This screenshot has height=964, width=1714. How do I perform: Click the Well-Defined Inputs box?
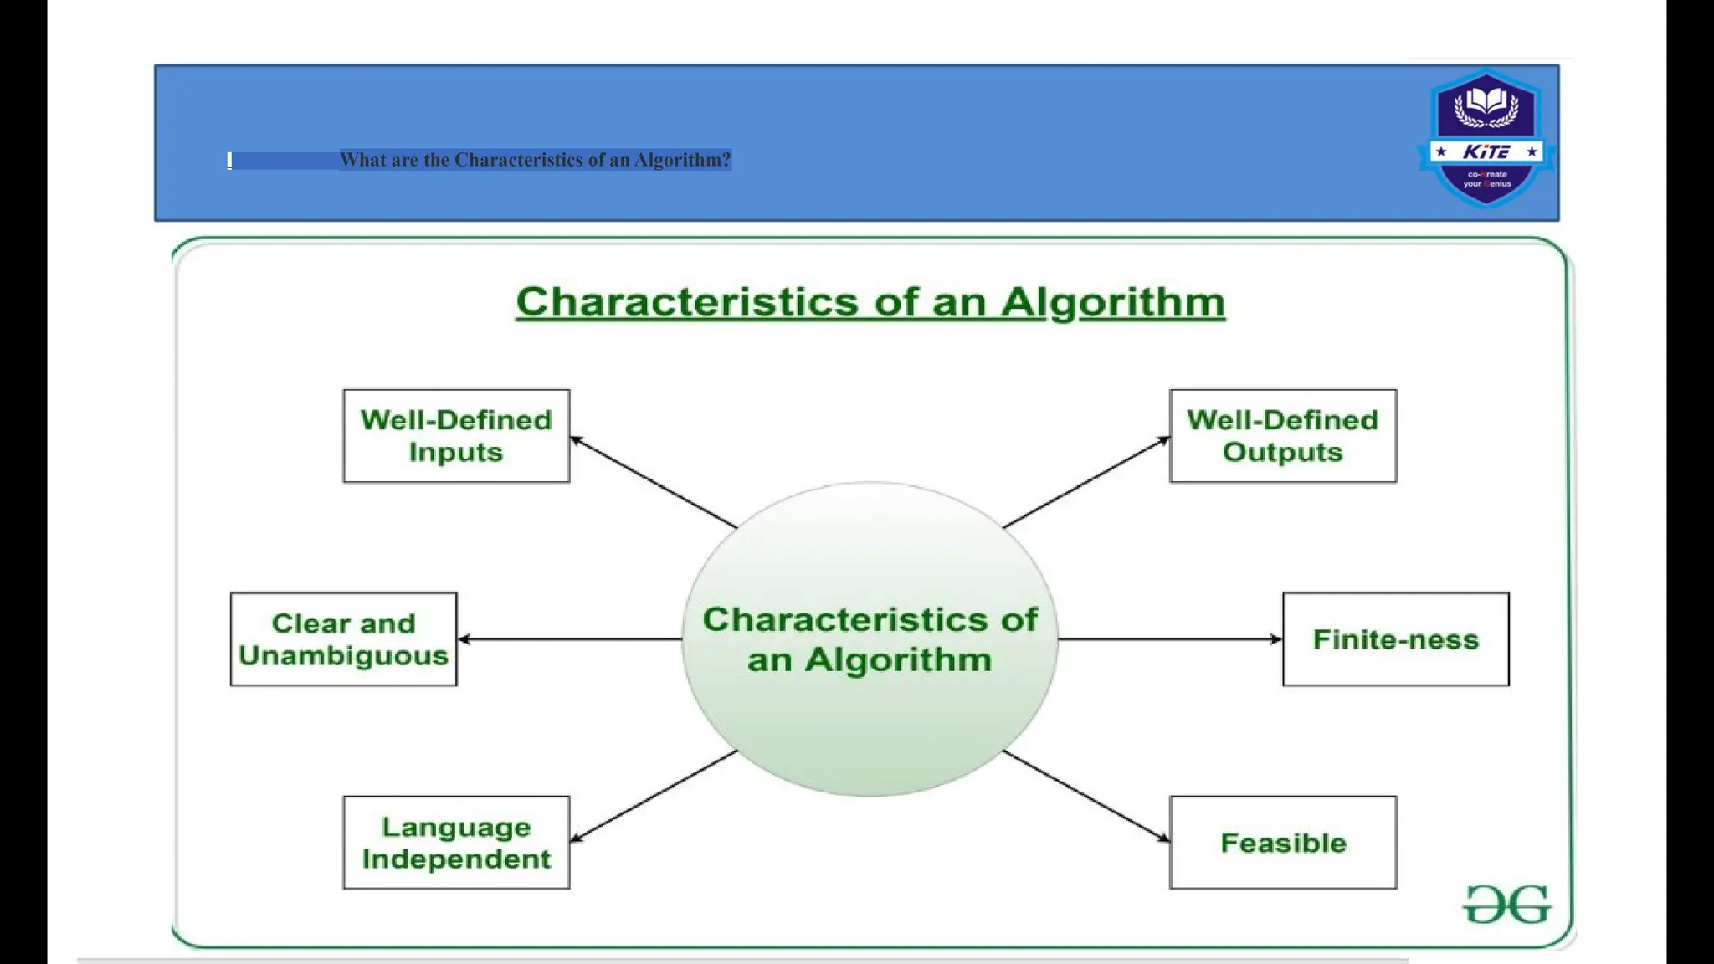tap(456, 436)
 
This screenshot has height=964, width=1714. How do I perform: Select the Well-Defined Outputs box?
tap(1283, 436)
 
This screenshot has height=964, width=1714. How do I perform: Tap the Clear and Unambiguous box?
tap(343, 639)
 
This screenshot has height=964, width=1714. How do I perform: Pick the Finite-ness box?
tap(1395, 639)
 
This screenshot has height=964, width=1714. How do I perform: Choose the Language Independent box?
tap(456, 843)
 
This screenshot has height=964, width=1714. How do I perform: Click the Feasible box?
tap(1283, 843)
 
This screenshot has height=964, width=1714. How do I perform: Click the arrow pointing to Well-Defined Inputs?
tap(653, 482)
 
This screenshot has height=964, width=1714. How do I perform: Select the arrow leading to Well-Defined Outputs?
tap(1086, 482)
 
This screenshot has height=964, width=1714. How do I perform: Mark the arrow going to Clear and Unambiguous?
tap(569, 639)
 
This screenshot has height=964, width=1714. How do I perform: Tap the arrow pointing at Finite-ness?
tap(1170, 639)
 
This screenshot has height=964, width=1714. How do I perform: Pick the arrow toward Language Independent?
tap(653, 796)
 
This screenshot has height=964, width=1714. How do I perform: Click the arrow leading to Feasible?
tap(1086, 796)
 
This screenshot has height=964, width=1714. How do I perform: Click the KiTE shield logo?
tap(1486, 139)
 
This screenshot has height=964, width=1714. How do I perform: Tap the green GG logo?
tap(1506, 905)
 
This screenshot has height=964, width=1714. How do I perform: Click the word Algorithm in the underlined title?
tap(1113, 302)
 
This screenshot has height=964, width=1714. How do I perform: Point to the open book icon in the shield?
tap(1486, 102)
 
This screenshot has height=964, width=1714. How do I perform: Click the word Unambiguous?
tap(343, 655)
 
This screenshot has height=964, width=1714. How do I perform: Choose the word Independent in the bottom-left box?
tap(456, 859)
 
